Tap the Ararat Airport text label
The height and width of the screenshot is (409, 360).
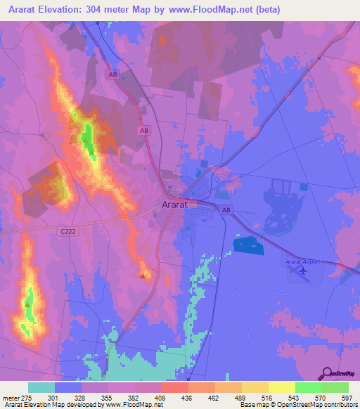coord(302,261)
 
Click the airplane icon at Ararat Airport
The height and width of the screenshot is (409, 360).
coord(303,270)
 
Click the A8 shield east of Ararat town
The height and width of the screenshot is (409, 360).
coord(226,209)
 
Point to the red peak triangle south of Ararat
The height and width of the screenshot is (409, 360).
coord(143,276)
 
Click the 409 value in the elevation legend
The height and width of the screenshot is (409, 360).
coord(161,398)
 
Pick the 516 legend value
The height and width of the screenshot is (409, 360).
coord(268,398)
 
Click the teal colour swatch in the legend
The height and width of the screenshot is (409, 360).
coord(41,387)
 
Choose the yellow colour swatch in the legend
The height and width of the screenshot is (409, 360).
coord(281,387)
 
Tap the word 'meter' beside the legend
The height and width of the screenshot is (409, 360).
coord(10,398)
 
